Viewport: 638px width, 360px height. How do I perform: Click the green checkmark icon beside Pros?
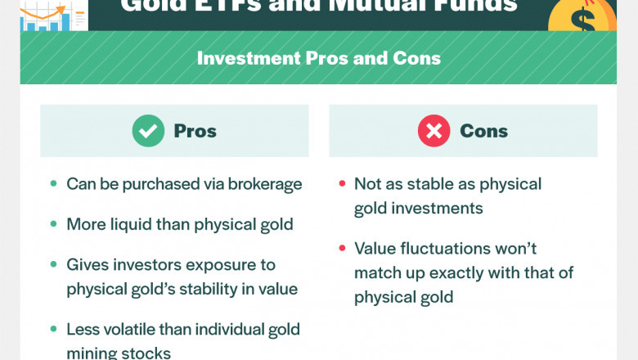click(148, 131)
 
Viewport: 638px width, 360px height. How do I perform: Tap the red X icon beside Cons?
click(434, 131)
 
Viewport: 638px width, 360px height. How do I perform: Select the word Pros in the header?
click(195, 131)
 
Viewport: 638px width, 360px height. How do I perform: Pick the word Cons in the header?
click(483, 131)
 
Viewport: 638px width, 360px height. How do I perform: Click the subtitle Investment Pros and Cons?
click(318, 58)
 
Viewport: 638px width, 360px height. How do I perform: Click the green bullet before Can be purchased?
click(53, 184)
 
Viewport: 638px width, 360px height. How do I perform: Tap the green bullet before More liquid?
click(53, 224)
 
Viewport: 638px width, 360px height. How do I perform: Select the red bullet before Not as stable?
click(341, 184)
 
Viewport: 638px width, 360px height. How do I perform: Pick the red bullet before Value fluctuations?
click(341, 248)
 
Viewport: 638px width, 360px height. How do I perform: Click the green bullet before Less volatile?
click(53, 329)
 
